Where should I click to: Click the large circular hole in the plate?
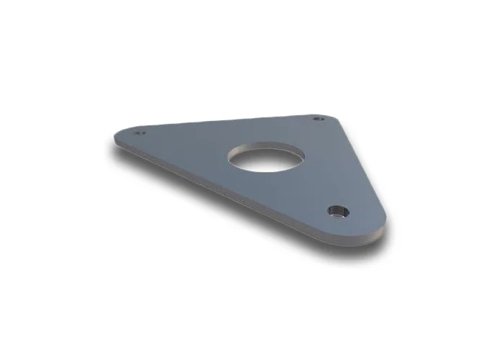click(264, 158)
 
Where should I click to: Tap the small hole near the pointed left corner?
click(141, 133)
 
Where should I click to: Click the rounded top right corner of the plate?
click(329, 115)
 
